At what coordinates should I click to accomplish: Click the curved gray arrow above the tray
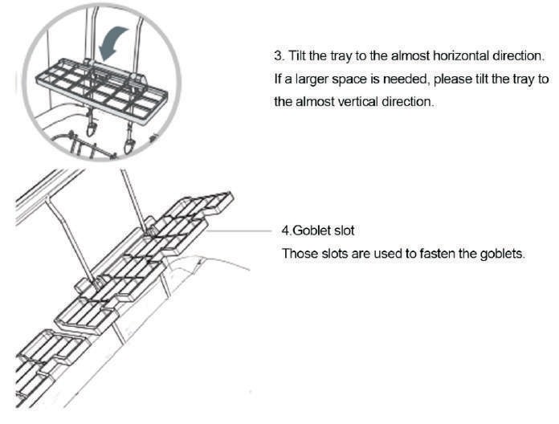pos(113,42)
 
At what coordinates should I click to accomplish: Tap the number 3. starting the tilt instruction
pos(279,56)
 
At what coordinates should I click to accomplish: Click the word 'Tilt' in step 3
pos(296,56)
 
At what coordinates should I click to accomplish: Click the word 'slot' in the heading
pos(344,230)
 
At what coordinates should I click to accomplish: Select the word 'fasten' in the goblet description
pos(438,254)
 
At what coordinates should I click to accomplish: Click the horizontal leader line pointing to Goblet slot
pos(239,231)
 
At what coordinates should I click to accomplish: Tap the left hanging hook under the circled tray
pos(92,126)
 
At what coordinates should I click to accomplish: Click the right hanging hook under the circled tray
pos(129,141)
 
